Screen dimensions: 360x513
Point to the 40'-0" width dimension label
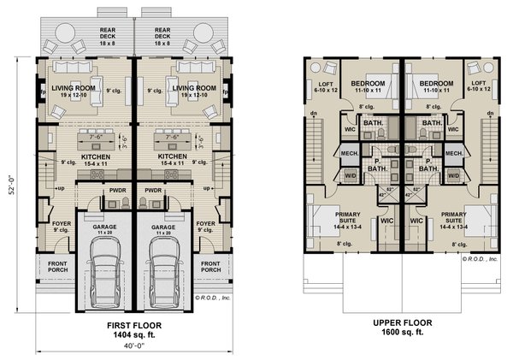click(133, 348)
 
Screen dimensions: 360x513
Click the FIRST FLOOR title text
click(132, 326)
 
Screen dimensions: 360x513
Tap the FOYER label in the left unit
click(61, 223)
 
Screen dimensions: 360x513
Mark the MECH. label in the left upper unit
click(350, 153)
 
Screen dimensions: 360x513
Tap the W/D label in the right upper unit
click(453, 174)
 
